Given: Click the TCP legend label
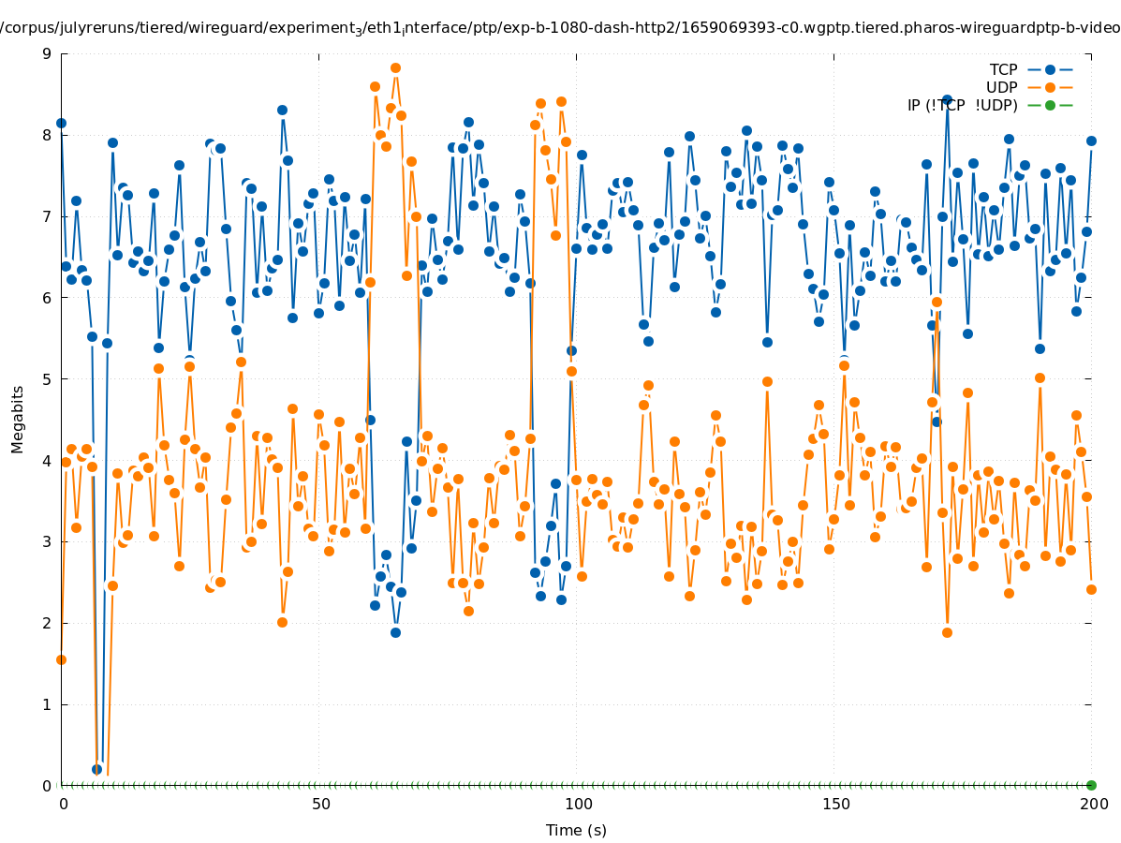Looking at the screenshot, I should click(1003, 69).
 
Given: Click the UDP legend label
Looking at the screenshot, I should click(1001, 87).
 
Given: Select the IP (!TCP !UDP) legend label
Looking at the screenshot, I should click(962, 105).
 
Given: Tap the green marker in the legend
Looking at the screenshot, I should click(1050, 105).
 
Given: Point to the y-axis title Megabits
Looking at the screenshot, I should click(18, 419).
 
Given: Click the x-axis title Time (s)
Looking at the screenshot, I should click(576, 830).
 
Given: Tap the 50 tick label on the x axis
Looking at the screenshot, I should click(320, 804).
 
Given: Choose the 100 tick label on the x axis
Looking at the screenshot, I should click(578, 804).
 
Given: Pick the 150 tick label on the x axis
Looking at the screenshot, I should click(835, 804).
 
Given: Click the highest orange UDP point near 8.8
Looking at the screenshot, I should click(395, 67).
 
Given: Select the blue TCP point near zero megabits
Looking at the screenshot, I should click(96, 769).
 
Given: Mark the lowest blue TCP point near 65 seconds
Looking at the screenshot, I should click(395, 632).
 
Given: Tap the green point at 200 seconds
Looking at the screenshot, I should click(1091, 785).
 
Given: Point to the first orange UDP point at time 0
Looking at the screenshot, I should click(61, 659).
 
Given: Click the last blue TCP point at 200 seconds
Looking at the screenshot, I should click(1091, 140).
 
